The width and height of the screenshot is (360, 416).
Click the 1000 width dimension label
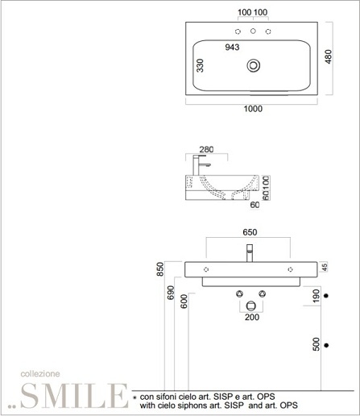click(x=253, y=109)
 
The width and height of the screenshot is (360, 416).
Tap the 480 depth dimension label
click(x=329, y=56)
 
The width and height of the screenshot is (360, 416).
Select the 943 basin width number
click(x=232, y=48)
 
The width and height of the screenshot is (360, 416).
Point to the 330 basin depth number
click(x=201, y=66)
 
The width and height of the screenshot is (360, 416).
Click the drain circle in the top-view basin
click(x=254, y=65)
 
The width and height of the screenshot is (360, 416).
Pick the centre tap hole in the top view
click(x=253, y=31)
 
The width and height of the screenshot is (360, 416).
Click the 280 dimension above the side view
click(x=206, y=149)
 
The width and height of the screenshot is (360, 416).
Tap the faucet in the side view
click(x=200, y=165)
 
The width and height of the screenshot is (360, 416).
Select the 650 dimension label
click(x=250, y=232)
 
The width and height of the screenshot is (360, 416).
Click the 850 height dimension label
click(x=160, y=269)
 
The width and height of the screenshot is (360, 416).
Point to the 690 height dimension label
click(x=171, y=293)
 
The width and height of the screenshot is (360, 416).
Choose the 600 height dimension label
click(x=184, y=302)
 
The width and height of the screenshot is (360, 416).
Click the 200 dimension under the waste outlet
click(x=252, y=318)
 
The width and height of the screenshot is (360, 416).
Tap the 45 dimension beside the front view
click(x=325, y=267)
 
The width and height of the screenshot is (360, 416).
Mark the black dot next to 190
click(x=326, y=296)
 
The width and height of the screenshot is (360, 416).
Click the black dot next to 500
click(x=326, y=345)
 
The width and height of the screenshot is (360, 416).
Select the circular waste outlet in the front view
click(x=251, y=306)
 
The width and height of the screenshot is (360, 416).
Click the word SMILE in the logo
click(x=74, y=396)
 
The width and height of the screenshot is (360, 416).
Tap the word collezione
click(x=40, y=374)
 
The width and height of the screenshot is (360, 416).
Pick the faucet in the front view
click(x=250, y=253)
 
